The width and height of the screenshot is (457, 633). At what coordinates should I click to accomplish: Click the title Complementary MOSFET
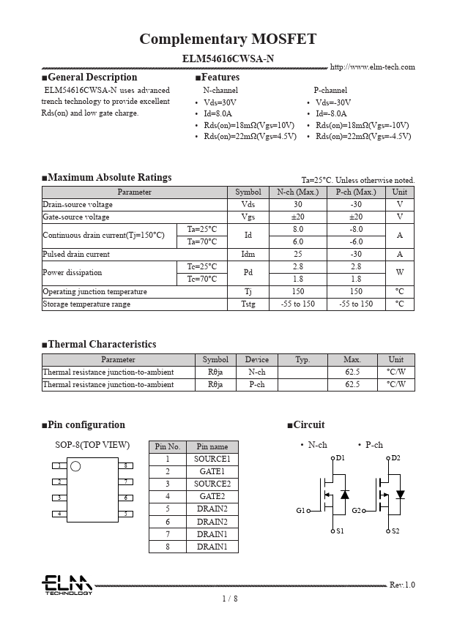point(228,40)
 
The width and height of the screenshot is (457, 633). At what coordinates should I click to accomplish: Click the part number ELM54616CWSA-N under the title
point(228,59)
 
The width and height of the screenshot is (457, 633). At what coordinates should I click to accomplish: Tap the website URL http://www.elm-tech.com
point(372,67)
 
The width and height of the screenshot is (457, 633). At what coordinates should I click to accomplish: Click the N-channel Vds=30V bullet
point(220,102)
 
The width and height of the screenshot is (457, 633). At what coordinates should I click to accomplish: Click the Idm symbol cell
point(248,255)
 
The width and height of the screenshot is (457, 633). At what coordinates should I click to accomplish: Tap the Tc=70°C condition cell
point(201,280)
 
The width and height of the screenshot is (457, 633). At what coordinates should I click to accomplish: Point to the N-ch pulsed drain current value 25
point(297,255)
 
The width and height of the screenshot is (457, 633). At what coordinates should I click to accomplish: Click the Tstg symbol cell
point(248,304)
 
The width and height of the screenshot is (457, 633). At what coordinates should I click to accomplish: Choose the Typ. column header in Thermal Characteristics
point(302,360)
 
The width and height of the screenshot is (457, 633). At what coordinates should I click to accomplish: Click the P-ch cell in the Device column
point(256,385)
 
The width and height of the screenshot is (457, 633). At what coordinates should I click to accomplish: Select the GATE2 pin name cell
point(212,497)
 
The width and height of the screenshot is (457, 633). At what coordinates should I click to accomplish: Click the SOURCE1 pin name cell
point(212,460)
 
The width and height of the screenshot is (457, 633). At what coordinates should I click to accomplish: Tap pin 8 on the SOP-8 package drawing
point(126,465)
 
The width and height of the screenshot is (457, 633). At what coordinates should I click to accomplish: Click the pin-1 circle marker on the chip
point(75,466)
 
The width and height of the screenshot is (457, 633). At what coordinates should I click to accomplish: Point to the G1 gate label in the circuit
point(300,511)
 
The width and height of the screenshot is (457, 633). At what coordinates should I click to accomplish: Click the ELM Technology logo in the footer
point(67,585)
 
